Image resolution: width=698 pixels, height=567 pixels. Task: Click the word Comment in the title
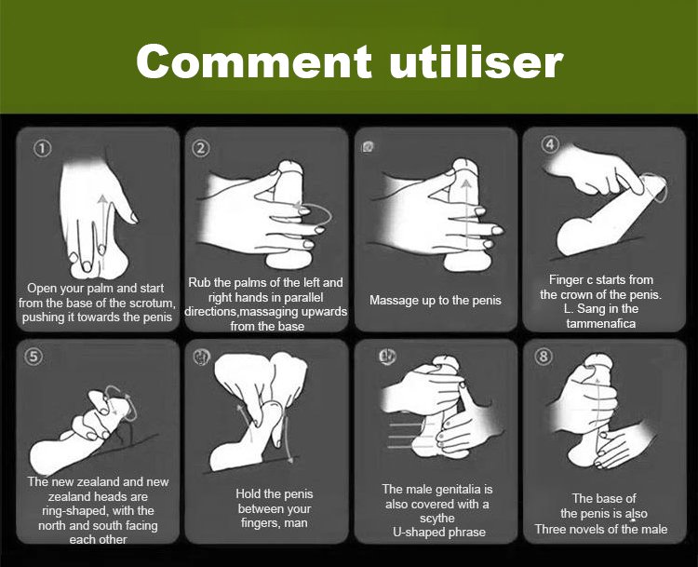click(254, 61)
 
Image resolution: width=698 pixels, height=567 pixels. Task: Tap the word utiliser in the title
click(476, 61)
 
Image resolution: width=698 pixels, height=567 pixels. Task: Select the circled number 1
click(43, 148)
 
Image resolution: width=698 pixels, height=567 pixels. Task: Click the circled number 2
click(201, 148)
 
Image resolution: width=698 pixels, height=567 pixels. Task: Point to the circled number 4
click(550, 144)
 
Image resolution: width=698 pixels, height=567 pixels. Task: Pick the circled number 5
click(34, 357)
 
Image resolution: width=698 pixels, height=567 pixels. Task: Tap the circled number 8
click(544, 357)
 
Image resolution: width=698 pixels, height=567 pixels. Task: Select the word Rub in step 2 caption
click(197, 282)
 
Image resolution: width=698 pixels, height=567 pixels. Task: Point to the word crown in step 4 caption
click(580, 295)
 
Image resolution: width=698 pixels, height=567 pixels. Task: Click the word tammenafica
click(601, 323)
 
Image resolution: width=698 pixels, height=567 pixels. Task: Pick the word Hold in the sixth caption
click(248, 493)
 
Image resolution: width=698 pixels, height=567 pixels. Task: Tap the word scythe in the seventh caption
click(437, 519)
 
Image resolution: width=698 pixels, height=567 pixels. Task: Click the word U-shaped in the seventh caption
click(415, 533)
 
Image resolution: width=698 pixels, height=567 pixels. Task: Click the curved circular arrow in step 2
click(330, 216)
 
